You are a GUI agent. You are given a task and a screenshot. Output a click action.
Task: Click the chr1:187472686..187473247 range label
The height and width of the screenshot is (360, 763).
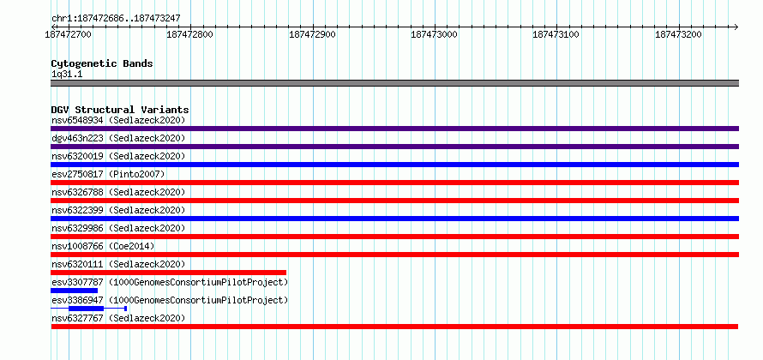[116, 18]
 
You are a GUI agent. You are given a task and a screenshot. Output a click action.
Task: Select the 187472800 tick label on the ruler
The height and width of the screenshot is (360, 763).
[189, 34]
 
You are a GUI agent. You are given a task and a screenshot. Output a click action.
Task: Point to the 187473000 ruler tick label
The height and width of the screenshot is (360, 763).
[435, 34]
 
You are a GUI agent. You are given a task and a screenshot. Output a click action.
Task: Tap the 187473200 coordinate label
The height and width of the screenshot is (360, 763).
[679, 34]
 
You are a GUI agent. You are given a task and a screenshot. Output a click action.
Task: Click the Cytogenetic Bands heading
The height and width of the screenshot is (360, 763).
[102, 63]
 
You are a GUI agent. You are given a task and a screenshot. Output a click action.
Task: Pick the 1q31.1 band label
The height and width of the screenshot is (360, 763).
[67, 74]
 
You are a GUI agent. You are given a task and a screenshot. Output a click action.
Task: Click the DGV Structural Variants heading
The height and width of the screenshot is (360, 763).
[120, 110]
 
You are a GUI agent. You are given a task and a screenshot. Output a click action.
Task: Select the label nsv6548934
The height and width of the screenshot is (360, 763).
[77, 120]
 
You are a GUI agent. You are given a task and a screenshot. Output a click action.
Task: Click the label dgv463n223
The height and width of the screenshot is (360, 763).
[77, 138]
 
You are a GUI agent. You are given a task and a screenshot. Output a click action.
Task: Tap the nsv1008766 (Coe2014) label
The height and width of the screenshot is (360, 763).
[103, 246]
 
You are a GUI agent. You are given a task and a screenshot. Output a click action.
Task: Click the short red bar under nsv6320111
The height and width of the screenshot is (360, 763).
[168, 273]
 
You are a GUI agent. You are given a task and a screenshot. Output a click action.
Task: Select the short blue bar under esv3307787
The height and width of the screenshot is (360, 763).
[74, 291]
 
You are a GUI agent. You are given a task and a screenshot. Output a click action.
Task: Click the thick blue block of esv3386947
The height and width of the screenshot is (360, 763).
[86, 309]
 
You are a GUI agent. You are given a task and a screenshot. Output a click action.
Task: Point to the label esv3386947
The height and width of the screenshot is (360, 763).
[77, 300]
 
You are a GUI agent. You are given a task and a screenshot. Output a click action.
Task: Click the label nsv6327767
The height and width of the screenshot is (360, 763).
[77, 318]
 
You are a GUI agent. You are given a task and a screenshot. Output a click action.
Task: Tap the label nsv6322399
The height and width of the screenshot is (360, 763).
[77, 210]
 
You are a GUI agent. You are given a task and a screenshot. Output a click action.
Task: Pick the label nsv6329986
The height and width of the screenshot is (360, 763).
[77, 228]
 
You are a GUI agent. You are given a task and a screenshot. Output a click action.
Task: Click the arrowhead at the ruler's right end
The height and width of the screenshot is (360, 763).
[736, 27]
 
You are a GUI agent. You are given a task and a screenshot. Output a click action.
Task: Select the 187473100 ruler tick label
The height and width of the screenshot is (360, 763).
[556, 34]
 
